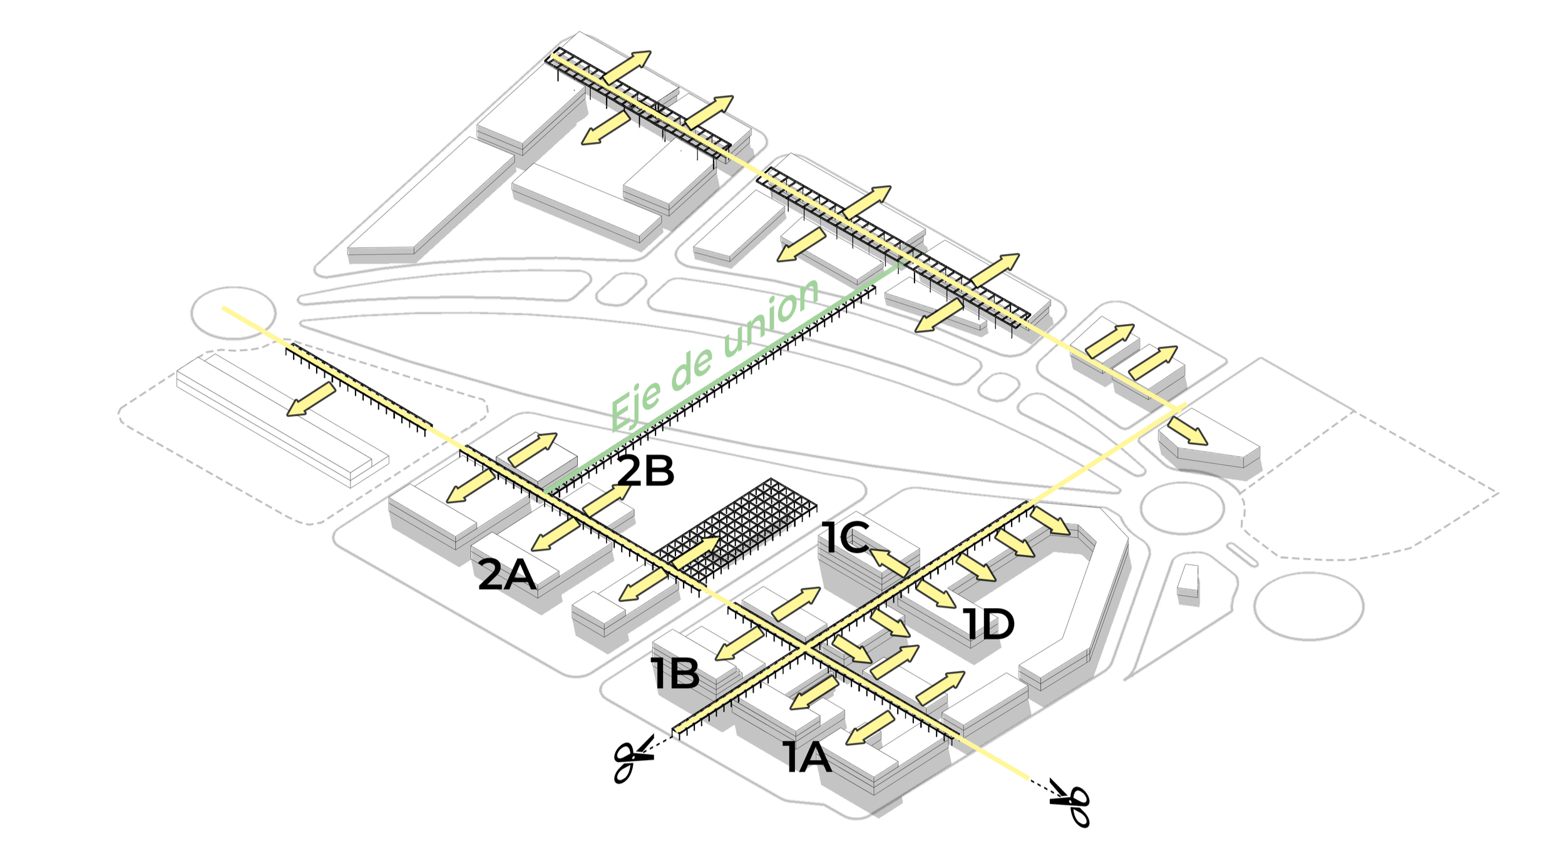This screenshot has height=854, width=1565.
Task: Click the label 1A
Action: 808,758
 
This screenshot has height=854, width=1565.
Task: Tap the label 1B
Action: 675,674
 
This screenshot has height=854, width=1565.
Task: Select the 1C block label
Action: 845,537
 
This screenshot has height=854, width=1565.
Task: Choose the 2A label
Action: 506,575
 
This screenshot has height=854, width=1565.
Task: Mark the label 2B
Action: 645,471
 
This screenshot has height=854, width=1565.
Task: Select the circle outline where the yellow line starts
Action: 233,313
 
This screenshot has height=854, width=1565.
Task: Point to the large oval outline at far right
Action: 1309,605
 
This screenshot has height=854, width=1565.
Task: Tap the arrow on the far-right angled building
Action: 1187,431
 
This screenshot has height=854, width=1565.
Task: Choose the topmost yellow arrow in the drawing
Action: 627,67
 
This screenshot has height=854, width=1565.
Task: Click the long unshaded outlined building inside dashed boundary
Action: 282,419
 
